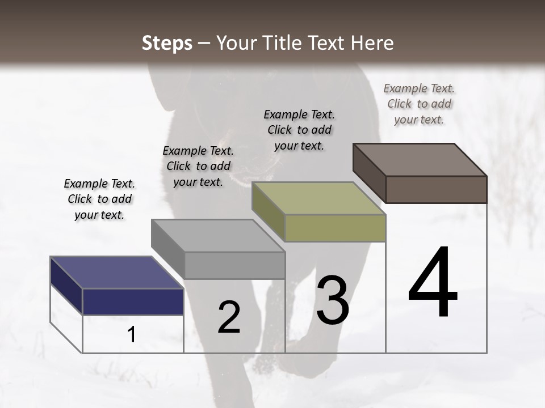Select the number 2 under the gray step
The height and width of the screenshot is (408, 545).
(229, 317)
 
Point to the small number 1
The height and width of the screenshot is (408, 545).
(132, 334)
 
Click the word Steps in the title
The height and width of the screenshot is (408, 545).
(167, 43)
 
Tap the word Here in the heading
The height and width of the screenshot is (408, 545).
(372, 43)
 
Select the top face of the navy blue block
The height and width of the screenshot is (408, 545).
(116, 272)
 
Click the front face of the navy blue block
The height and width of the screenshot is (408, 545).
(133, 301)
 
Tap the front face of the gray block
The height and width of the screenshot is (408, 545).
(234, 265)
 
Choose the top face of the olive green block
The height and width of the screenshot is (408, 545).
(318, 198)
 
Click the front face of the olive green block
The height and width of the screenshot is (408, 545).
(335, 228)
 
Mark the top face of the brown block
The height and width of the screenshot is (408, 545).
(420, 160)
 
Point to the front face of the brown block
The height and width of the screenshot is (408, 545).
(436, 189)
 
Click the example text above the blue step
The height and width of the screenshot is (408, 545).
(99, 199)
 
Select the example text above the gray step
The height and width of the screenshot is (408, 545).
(198, 166)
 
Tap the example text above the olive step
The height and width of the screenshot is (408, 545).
(299, 130)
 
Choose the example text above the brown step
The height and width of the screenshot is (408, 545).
(419, 104)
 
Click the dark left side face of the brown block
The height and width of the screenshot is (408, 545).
(369, 173)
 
